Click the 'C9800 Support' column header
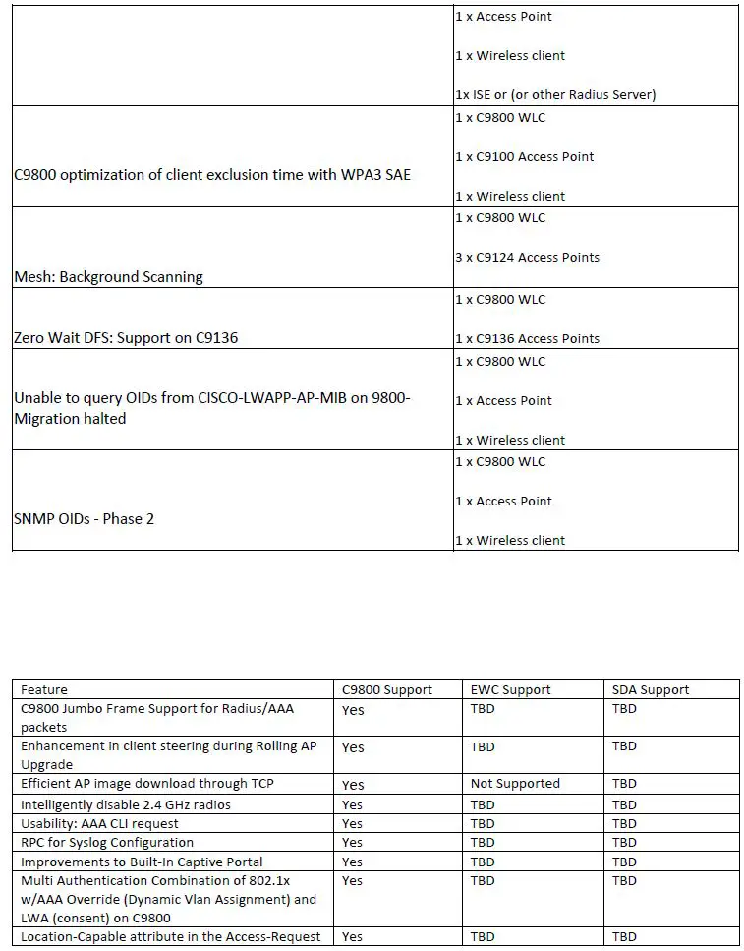coord(386,690)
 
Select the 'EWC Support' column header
coord(510,690)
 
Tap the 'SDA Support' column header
coord(651,690)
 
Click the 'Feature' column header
coord(44,690)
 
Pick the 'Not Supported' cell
coord(515,784)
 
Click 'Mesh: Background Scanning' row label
coord(108,277)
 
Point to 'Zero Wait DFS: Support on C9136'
coord(126,338)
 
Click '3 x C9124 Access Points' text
coord(527,258)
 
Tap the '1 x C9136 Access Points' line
coord(527,338)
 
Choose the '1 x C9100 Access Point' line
coord(524,156)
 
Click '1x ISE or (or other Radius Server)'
coord(554,95)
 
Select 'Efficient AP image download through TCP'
coord(147,784)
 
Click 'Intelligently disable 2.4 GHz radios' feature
coord(126,804)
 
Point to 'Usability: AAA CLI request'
coord(100,823)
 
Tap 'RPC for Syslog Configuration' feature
coord(107,842)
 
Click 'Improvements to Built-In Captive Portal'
coord(142,862)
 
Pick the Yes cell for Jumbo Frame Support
coord(353,710)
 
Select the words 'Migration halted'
coord(70,418)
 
